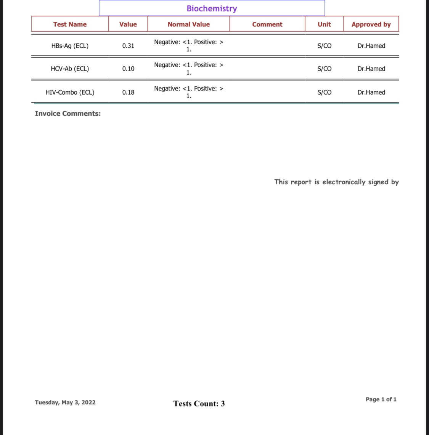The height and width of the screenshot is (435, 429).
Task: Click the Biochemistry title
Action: [212, 8]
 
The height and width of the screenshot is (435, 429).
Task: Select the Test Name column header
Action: [70, 24]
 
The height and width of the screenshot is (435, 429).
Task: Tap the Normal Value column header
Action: [188, 24]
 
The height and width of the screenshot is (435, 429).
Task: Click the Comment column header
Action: [267, 24]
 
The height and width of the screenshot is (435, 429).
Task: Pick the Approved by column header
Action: [371, 24]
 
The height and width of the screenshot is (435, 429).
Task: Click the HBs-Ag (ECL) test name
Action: [70, 46]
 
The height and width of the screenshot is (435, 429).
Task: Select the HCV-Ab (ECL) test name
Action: [70, 69]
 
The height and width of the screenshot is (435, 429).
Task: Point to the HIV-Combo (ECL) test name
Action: [70, 92]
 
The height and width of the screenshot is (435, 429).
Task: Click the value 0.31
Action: [128, 46]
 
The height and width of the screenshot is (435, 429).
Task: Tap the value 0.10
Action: [128, 69]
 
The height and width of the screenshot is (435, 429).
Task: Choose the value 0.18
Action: [128, 92]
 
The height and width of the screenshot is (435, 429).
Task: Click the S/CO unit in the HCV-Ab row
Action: [324, 69]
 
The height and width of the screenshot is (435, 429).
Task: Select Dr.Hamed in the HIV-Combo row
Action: [371, 92]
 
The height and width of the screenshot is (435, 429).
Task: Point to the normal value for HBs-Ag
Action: [188, 45]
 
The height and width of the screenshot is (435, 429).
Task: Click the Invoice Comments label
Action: [67, 114]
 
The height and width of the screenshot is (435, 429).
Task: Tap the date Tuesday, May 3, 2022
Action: [65, 403]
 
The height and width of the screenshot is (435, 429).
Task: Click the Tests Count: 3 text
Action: [199, 404]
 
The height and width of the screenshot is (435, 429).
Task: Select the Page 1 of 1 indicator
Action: [381, 400]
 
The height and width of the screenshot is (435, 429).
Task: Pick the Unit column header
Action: [324, 24]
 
